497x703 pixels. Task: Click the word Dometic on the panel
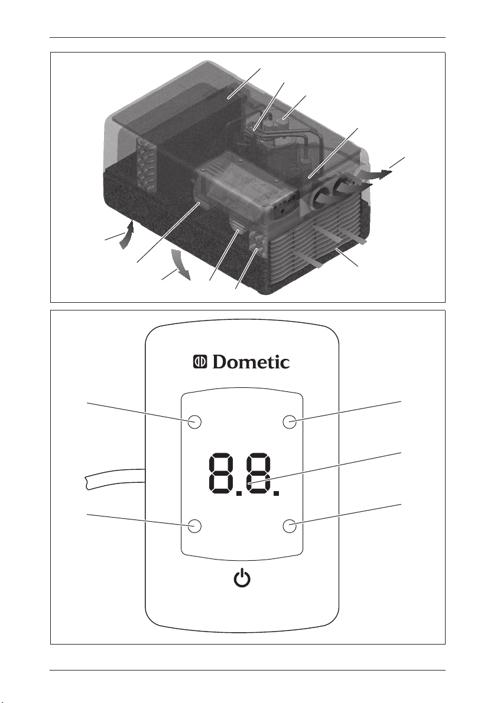(251, 362)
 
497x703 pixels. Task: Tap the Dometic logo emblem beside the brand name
(200, 362)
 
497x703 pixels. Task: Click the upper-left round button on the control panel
(194, 421)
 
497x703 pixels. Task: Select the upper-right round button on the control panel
(290, 421)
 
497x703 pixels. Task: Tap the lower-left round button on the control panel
(194, 526)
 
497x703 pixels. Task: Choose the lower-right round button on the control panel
(290, 526)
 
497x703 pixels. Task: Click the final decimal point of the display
(277, 492)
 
